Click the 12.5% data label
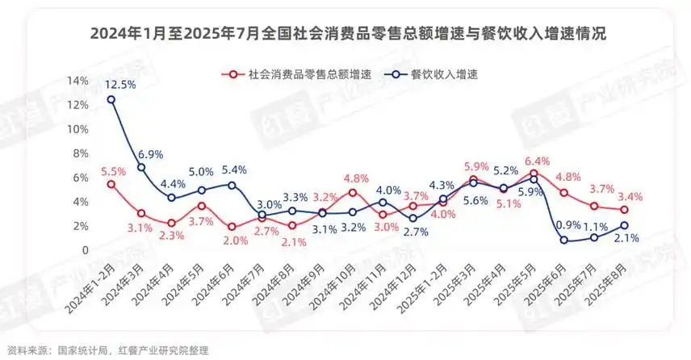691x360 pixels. [119, 84]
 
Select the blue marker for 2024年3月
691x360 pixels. [141, 167]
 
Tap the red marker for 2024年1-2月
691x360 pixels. [111, 184]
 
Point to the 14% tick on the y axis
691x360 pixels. [77, 81]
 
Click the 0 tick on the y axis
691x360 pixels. [85, 250]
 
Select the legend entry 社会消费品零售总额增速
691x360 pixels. [296, 74]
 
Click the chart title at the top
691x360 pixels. [348, 33]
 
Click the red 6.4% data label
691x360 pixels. [537, 161]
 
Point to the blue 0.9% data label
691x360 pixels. [568, 225]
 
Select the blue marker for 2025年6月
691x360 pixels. [563, 241]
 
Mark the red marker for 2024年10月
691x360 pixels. [352, 193]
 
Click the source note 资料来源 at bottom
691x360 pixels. [108, 351]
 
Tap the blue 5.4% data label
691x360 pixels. [234, 170]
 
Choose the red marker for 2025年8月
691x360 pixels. [624, 210]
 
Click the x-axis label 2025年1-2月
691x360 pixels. [422, 289]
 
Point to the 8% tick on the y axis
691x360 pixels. [81, 153]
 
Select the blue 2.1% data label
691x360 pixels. [626, 238]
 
